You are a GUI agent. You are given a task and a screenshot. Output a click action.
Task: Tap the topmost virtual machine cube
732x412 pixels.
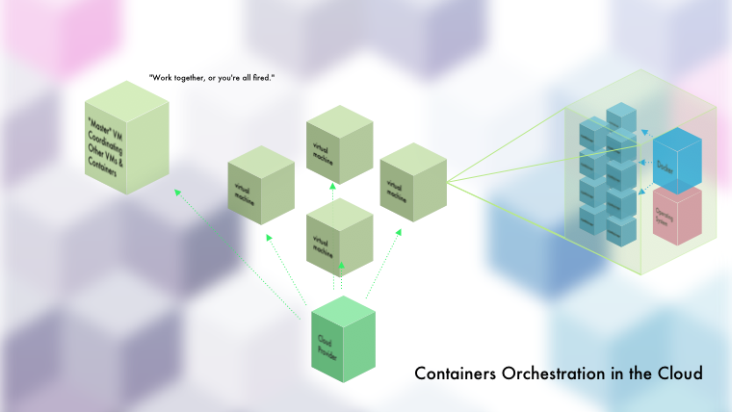pyautogui.click(x=338, y=148)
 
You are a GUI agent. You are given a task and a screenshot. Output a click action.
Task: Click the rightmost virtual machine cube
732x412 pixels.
pyautogui.click(x=413, y=182)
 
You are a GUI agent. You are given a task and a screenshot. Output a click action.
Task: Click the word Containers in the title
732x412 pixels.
pyautogui.click(x=456, y=373)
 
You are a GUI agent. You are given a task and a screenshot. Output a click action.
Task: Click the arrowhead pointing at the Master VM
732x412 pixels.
pyautogui.click(x=176, y=191)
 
